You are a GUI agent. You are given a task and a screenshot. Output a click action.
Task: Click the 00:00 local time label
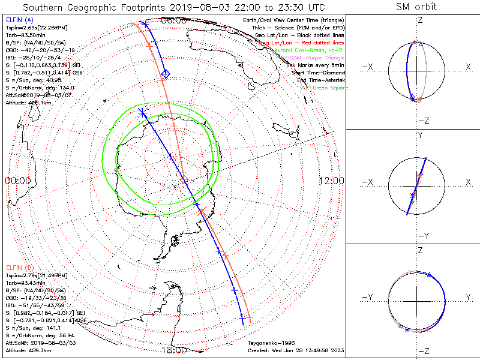point(17,181)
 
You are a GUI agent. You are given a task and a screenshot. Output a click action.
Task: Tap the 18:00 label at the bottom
point(173,350)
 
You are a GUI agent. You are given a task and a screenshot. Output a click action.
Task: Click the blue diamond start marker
point(166,74)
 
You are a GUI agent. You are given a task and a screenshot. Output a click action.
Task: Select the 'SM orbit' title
point(416,7)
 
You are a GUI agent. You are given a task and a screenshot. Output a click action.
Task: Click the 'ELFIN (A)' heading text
point(20,20)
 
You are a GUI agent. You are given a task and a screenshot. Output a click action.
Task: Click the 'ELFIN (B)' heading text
point(20,266)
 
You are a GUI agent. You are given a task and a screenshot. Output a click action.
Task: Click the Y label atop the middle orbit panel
point(419,136)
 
